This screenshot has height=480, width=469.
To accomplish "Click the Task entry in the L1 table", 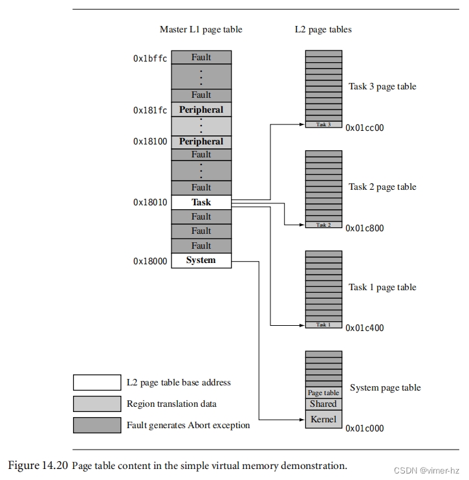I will [x=201, y=202].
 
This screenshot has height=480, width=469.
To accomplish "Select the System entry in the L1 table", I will [x=201, y=260].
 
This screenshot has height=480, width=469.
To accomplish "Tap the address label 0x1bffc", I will [x=150, y=58].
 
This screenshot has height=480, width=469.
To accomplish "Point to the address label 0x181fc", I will [x=150, y=110].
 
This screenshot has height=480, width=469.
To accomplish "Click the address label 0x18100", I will [x=150, y=141].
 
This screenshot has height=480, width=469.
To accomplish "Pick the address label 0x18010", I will [x=150, y=203].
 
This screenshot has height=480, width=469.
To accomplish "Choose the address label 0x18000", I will [x=150, y=261].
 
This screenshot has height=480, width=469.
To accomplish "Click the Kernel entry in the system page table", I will [x=323, y=419].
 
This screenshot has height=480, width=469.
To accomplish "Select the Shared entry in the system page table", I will [x=323, y=404].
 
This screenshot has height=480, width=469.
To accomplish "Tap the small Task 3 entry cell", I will [x=323, y=124].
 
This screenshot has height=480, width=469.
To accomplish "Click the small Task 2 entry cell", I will [x=323, y=225].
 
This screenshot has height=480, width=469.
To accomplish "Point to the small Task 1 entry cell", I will [x=323, y=325].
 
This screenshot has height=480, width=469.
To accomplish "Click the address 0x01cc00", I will [x=365, y=128].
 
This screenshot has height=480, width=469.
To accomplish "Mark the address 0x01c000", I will [x=365, y=428].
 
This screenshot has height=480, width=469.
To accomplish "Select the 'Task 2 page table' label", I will [x=382, y=187].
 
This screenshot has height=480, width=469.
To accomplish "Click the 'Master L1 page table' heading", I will [x=201, y=30].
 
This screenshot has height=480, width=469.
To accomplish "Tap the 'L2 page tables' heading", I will [x=323, y=30].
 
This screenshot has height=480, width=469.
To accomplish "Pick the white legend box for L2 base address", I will [x=97, y=382].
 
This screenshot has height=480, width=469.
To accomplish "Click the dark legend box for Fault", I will [x=97, y=425].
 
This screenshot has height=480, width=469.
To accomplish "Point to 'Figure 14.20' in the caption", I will [x=38, y=465].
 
